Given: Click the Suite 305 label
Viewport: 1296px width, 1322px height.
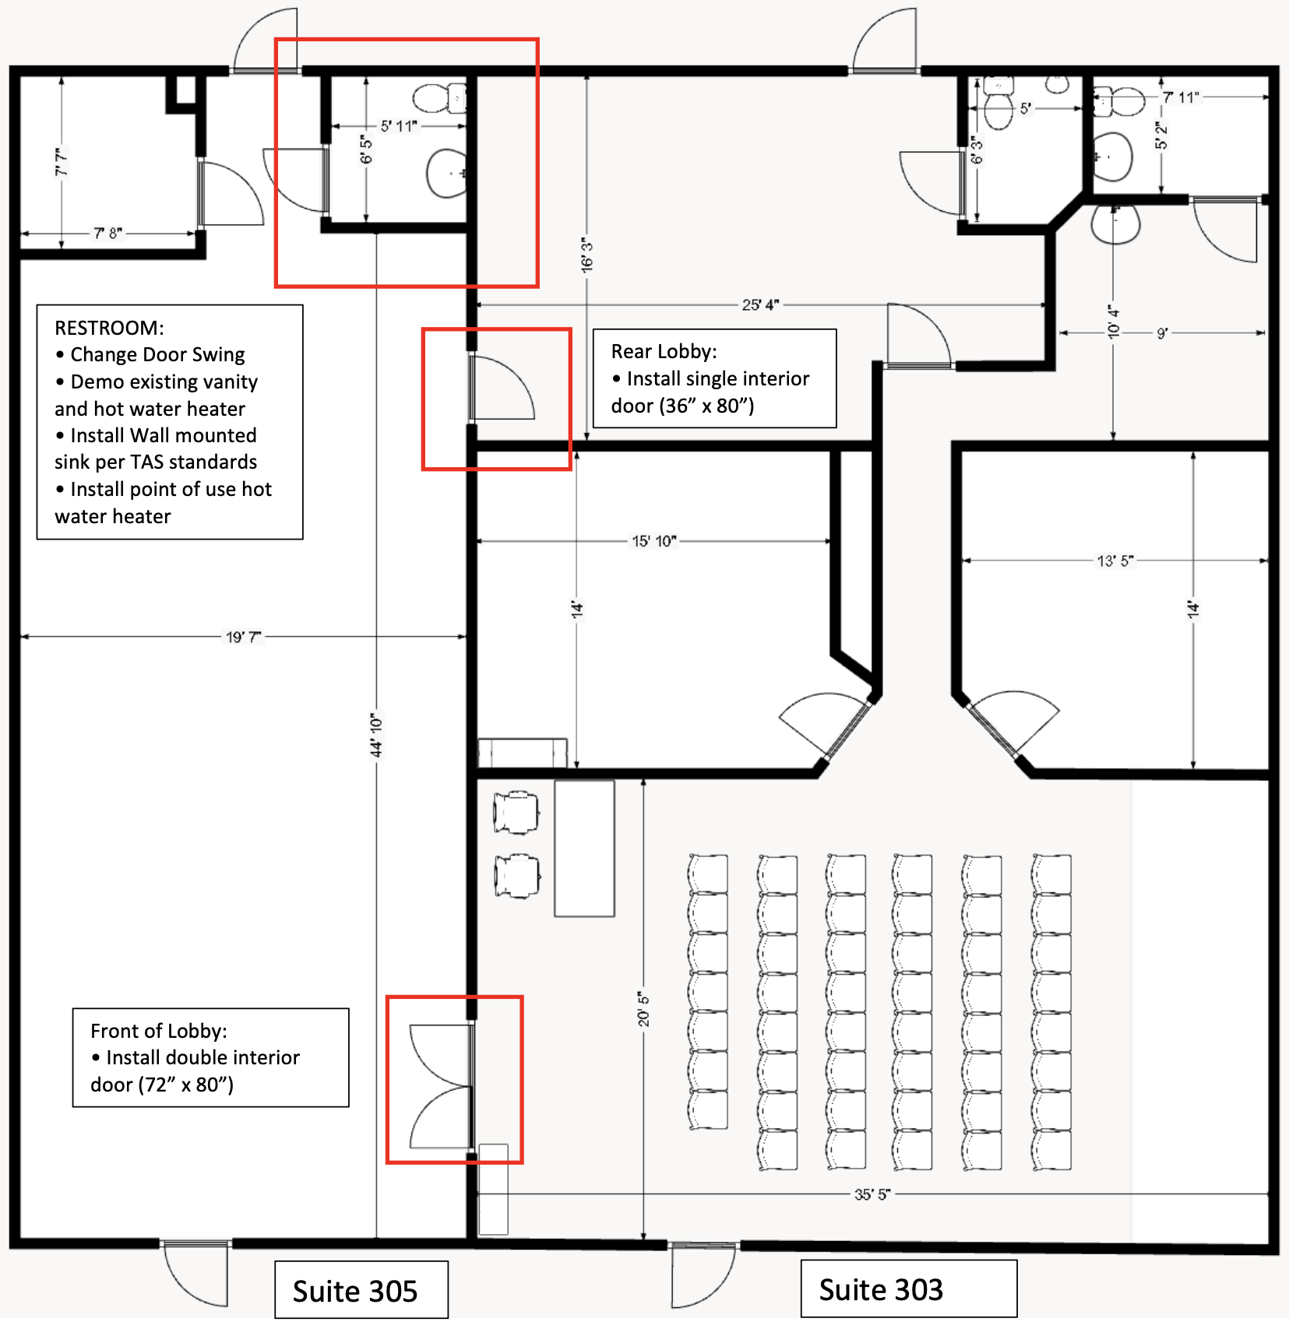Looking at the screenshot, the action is pyautogui.click(x=355, y=1292).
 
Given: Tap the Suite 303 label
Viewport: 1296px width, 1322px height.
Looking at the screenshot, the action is pyautogui.click(x=881, y=1290).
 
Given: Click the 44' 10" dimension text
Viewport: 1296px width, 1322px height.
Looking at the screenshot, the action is pyautogui.click(x=377, y=735).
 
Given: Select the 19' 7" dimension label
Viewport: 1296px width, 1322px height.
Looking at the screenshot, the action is pyautogui.click(x=244, y=638).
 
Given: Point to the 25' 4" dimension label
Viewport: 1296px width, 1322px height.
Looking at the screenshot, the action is pyautogui.click(x=760, y=305).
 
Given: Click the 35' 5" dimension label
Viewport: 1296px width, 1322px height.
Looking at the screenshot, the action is pyautogui.click(x=872, y=1194).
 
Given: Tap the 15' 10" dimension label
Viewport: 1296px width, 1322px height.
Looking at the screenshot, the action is pyautogui.click(x=654, y=541).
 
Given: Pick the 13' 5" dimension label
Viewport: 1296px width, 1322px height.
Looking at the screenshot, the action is pyautogui.click(x=1115, y=561).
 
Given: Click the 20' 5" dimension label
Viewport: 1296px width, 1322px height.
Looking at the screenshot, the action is pyautogui.click(x=644, y=1009).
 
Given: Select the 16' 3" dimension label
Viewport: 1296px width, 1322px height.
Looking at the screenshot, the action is pyautogui.click(x=587, y=255).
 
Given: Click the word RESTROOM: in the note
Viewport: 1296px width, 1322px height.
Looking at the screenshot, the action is pyautogui.click(x=109, y=328).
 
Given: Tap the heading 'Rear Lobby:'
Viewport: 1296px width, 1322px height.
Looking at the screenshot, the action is pyautogui.click(x=664, y=352).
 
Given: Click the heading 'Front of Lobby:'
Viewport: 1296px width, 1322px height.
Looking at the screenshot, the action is pyautogui.click(x=159, y=1031).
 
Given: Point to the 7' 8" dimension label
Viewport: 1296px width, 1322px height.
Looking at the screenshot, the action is pyautogui.click(x=108, y=233).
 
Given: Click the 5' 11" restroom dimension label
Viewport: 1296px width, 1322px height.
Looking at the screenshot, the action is pyautogui.click(x=399, y=125).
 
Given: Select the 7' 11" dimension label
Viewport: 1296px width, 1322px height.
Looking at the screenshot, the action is pyautogui.click(x=1182, y=97).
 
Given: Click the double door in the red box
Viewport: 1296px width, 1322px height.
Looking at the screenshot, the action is pyautogui.click(x=442, y=1086).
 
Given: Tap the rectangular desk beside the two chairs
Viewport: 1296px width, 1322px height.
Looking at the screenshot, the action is pyautogui.click(x=585, y=849).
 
